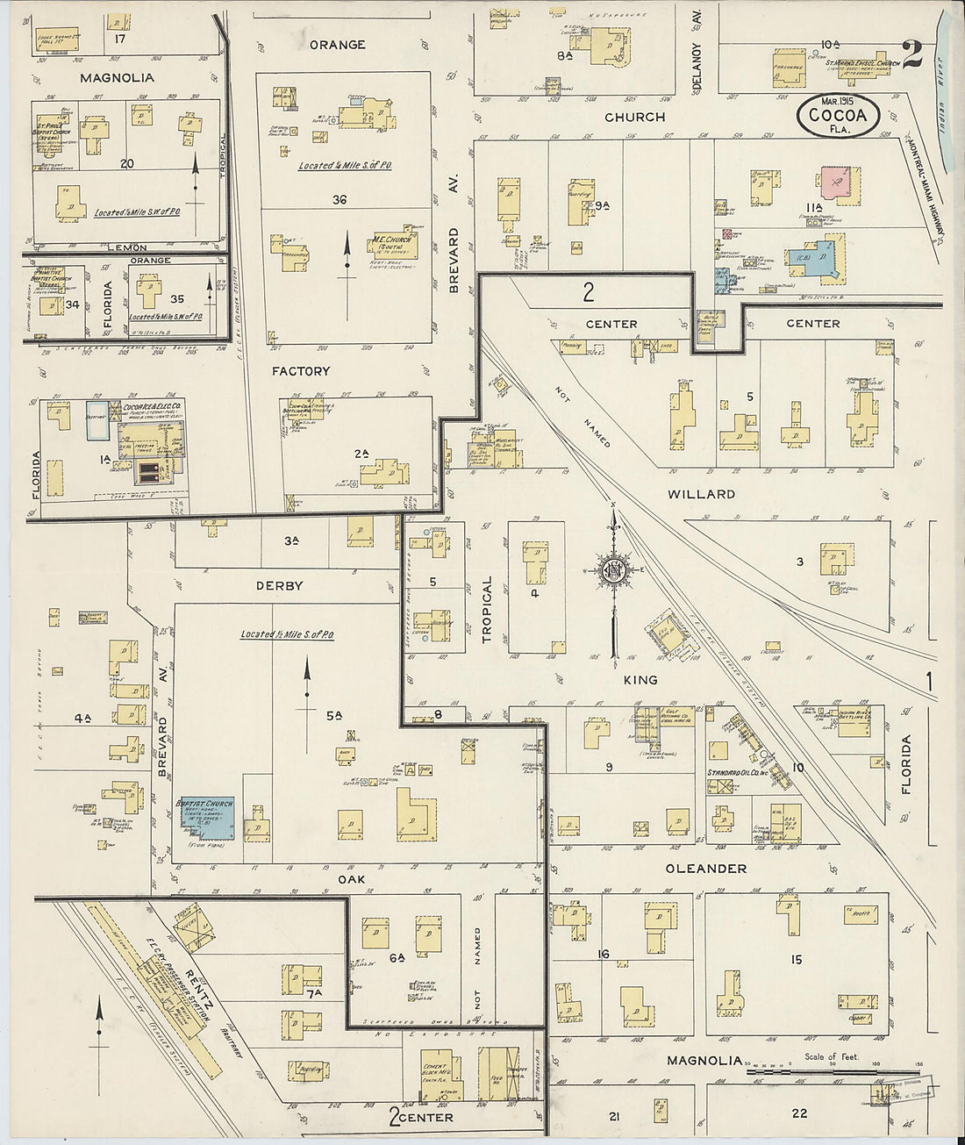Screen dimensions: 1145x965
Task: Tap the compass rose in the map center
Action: pyautogui.click(x=613, y=571)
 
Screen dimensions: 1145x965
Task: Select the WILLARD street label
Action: pyautogui.click(x=701, y=494)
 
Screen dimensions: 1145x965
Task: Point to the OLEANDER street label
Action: pyautogui.click(x=705, y=869)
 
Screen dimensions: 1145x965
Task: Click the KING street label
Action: pyautogui.click(x=640, y=680)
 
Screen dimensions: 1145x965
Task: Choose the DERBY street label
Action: pyautogui.click(x=280, y=585)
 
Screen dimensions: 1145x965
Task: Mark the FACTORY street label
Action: pyautogui.click(x=300, y=372)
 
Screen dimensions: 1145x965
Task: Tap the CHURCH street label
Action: pyautogui.click(x=634, y=117)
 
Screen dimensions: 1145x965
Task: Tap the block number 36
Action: pyautogui.click(x=340, y=200)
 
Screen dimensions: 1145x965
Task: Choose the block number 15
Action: pyautogui.click(x=796, y=960)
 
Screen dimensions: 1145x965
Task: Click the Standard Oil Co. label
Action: pyautogui.click(x=737, y=773)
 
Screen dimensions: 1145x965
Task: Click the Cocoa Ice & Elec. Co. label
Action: pyautogui.click(x=151, y=408)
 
